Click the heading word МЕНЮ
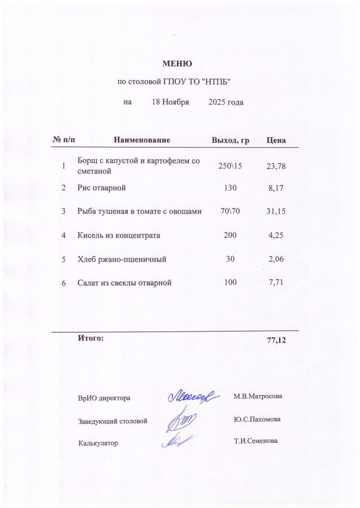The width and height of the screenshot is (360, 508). click(x=176, y=64)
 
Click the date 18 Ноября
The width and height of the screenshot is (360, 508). click(x=170, y=102)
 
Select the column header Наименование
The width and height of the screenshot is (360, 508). click(x=142, y=140)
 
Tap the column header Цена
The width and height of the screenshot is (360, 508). click(x=276, y=140)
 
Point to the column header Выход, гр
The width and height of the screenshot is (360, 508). click(x=230, y=140)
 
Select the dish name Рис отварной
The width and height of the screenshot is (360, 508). click(x=101, y=188)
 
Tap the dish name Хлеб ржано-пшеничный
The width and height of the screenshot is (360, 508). click(x=122, y=259)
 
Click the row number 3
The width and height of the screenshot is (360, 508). click(x=64, y=211)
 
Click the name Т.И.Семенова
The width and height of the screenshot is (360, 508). click(x=256, y=441)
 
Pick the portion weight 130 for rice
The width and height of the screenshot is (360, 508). click(x=230, y=188)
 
